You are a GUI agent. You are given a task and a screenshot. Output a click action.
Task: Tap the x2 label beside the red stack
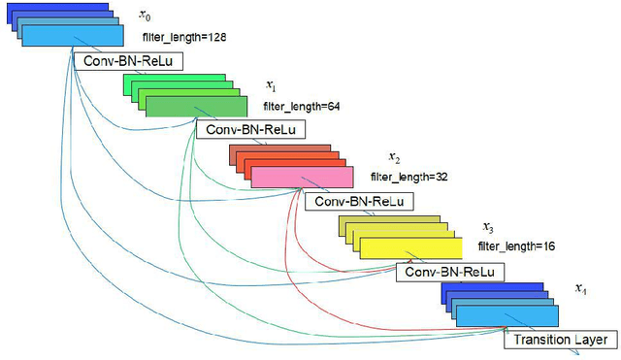[x=394, y=156]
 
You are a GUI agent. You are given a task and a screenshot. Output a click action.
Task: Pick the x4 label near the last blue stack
[x=580, y=289]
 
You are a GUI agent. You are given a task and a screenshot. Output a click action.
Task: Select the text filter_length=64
[x=302, y=106]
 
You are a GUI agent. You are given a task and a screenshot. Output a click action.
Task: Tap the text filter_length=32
[x=408, y=178]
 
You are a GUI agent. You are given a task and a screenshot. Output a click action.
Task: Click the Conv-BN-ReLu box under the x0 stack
[x=128, y=61]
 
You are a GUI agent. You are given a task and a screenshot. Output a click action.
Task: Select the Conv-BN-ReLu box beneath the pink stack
[x=358, y=202]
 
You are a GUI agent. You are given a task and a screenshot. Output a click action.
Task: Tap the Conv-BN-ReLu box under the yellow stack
[x=450, y=272]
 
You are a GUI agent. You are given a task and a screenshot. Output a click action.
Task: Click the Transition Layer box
[x=560, y=340]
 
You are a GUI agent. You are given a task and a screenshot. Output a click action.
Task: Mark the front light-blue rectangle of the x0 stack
[x=73, y=37]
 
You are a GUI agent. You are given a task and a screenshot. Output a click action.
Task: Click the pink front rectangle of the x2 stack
[x=302, y=177]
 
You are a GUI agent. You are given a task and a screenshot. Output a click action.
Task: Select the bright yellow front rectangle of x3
[x=409, y=246]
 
